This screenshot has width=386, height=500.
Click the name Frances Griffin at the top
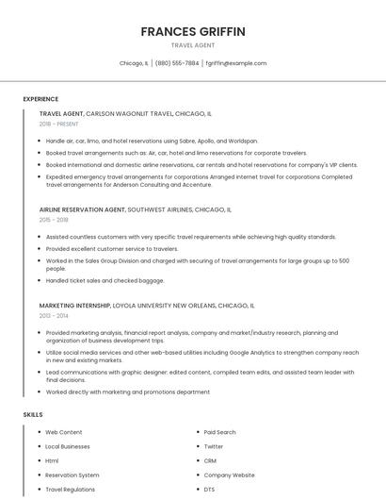[193, 31]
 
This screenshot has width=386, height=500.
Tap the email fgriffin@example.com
[235, 63]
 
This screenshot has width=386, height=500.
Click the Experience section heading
[40, 98]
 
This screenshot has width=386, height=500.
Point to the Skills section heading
[33, 414]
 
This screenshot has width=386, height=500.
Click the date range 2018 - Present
[58, 124]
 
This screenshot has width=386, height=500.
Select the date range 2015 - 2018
[54, 219]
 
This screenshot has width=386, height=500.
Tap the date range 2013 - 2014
[54, 316]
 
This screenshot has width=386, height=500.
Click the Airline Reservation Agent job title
[82, 209]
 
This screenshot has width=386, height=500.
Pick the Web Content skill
[64, 432]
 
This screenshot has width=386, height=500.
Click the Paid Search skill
[219, 432]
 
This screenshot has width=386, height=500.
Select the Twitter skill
[214, 446]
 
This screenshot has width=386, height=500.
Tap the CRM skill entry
[210, 460]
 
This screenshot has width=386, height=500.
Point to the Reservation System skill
[72, 475]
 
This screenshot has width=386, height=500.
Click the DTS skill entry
[210, 490]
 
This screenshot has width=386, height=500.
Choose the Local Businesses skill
[68, 446]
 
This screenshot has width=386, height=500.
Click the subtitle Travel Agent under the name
[193, 45]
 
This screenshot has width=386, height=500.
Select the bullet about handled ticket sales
[91, 280]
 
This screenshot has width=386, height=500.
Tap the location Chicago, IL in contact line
[134, 63]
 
